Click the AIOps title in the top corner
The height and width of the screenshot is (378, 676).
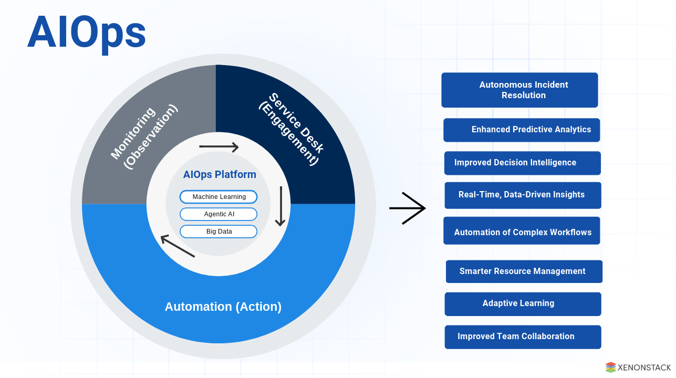click(87, 33)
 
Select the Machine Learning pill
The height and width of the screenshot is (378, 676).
click(219, 197)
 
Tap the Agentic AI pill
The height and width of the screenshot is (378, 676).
click(219, 214)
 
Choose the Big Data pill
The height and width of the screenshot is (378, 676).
click(219, 232)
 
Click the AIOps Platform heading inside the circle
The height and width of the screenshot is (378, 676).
click(220, 175)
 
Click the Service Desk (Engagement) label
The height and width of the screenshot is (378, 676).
click(290, 129)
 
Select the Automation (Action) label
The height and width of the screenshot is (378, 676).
click(223, 307)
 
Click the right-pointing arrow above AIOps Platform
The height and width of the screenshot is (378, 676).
click(219, 147)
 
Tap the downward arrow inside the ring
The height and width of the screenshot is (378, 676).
click(280, 206)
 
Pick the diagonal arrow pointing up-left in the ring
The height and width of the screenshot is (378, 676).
click(178, 246)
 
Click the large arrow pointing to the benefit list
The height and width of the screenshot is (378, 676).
click(407, 208)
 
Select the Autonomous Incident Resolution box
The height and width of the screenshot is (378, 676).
click(519, 90)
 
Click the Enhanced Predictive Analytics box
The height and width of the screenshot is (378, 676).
click(522, 130)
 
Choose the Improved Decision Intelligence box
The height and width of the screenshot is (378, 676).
click(522, 163)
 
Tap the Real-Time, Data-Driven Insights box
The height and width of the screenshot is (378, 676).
click(523, 195)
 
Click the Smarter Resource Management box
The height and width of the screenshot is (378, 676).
click(524, 271)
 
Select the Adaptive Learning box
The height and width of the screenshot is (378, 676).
click(523, 303)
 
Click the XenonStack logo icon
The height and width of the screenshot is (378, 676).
click(610, 367)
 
